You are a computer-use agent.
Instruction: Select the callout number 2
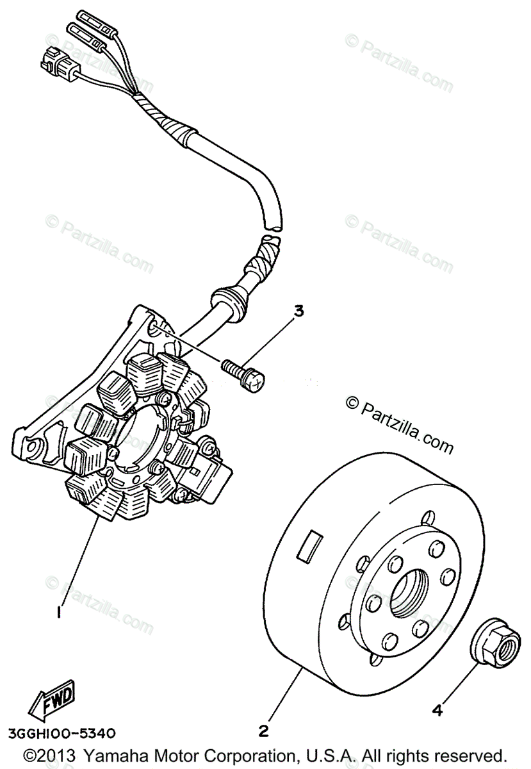263,731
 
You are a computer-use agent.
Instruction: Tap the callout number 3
298,312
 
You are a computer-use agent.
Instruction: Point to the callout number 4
437,709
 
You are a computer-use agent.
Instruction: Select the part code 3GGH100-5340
63,732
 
